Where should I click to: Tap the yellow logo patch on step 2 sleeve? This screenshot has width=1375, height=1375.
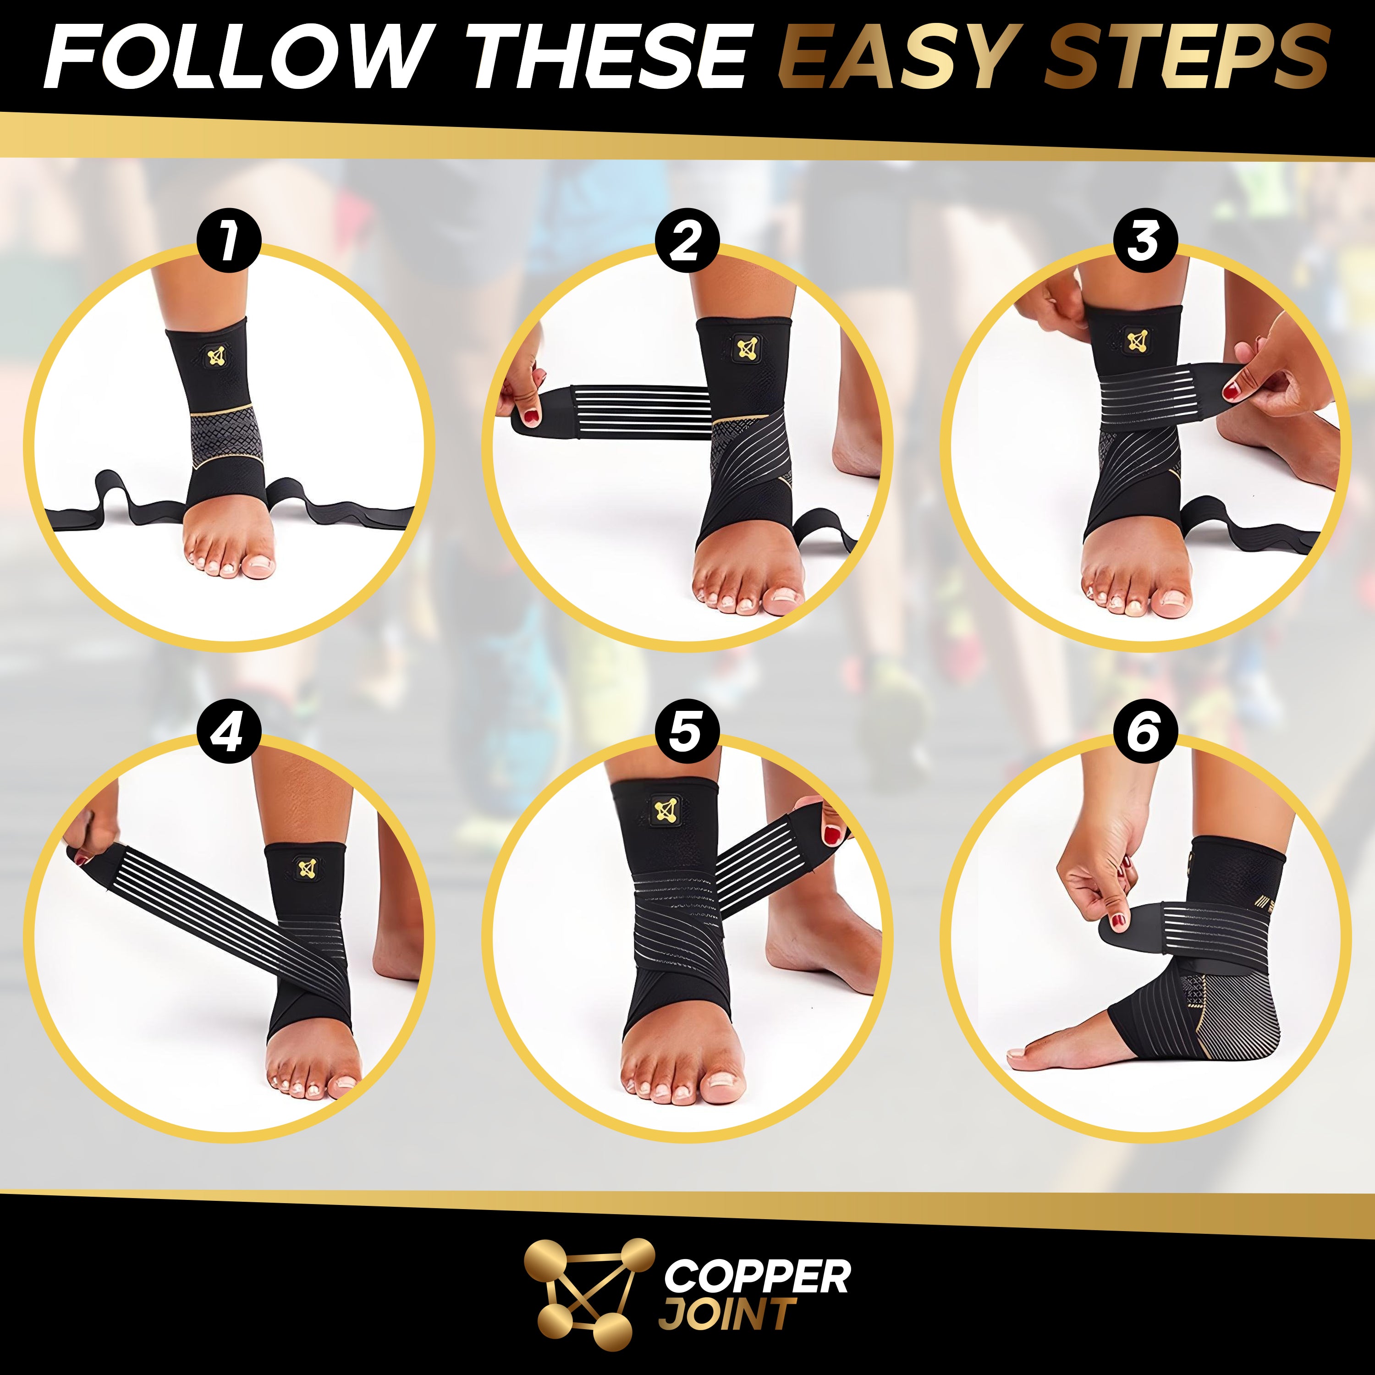[x=746, y=348]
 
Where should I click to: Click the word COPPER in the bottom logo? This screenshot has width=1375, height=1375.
[x=757, y=1276]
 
